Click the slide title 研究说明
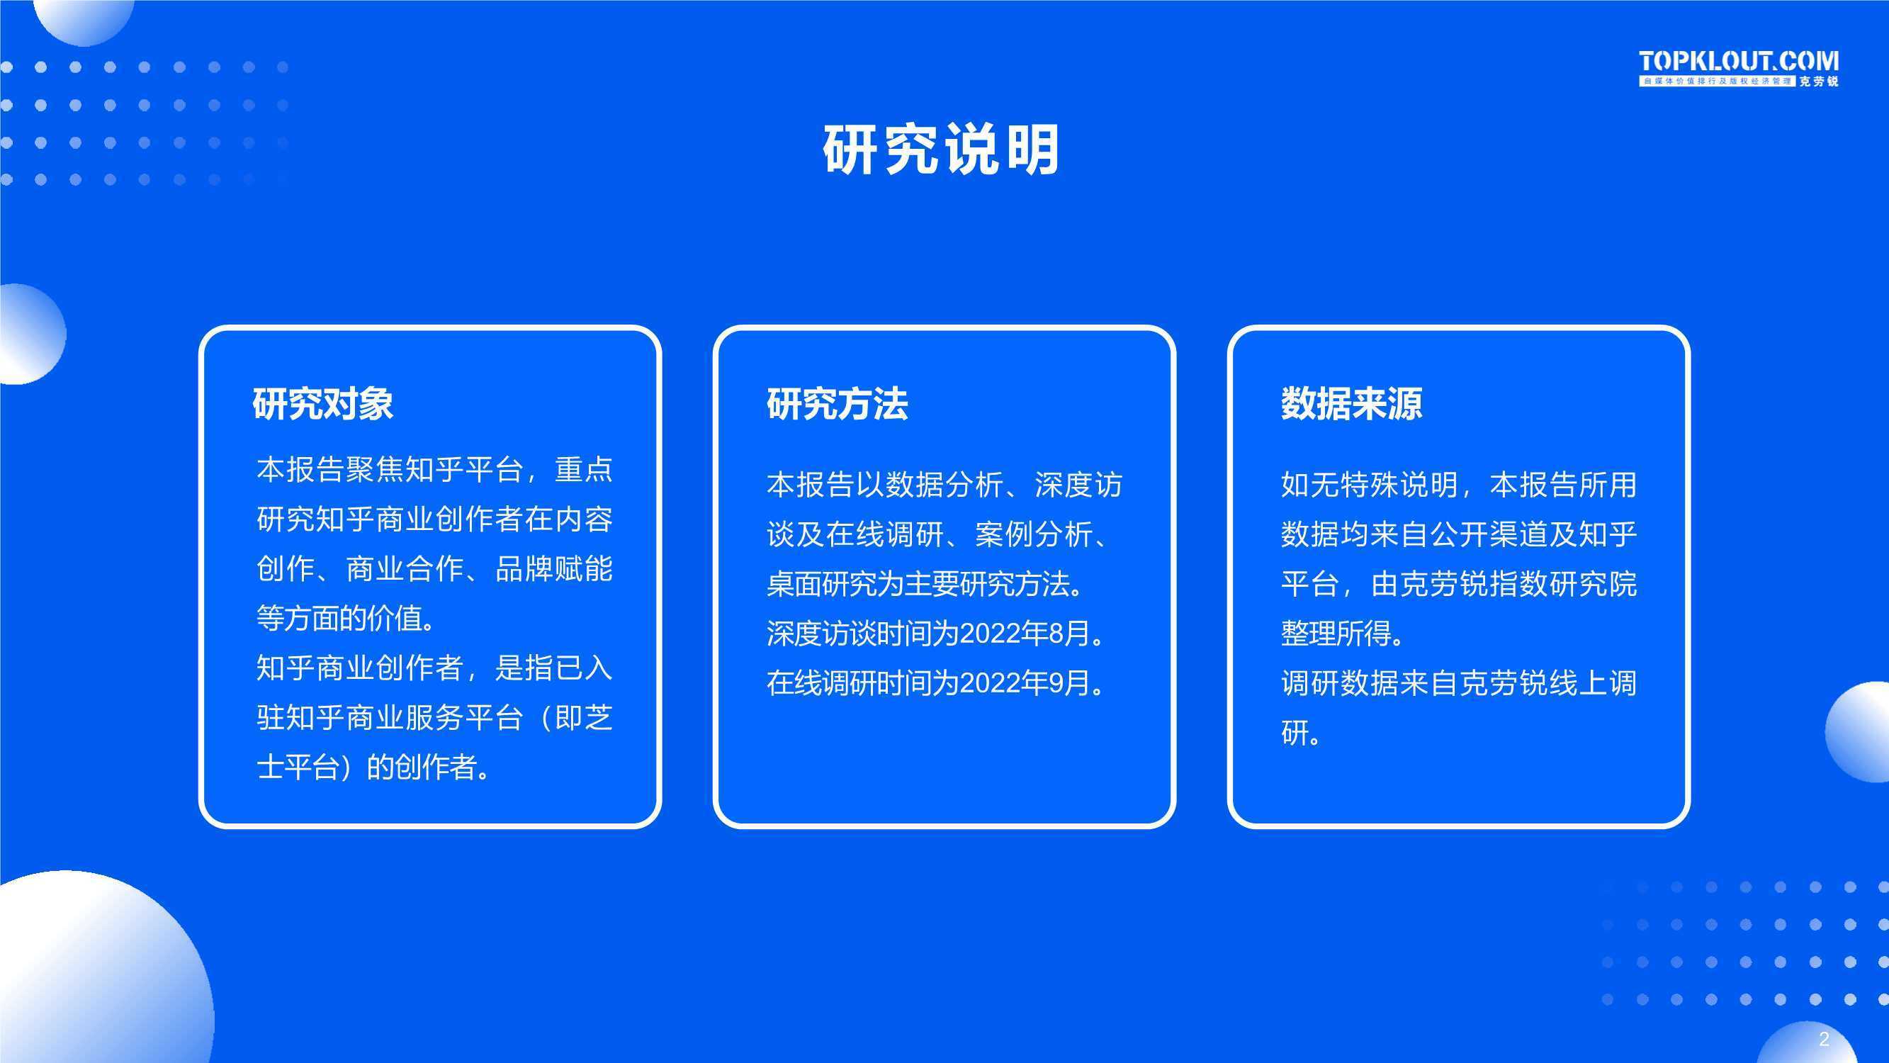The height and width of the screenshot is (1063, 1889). tap(941, 149)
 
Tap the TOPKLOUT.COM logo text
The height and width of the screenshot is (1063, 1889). tap(1739, 61)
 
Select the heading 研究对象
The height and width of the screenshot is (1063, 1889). tap(322, 403)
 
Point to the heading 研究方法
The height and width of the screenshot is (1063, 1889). tap(838, 403)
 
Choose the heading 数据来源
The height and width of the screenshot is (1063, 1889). tap(1351, 403)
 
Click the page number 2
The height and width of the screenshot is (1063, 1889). tap(1824, 1039)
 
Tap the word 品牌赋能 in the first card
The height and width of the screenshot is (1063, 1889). tap(554, 569)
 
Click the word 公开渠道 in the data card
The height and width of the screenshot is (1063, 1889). tap(1489, 535)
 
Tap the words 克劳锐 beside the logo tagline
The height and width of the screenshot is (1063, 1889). tap(1820, 81)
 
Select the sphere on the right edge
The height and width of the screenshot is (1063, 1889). tap(1859, 731)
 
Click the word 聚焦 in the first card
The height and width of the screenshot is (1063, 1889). tap(375, 470)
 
